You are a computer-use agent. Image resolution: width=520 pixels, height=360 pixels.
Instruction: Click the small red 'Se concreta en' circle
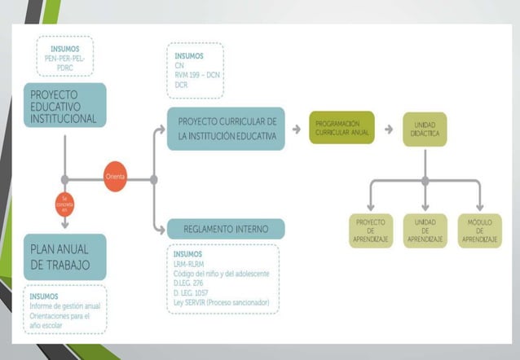coord(64,204)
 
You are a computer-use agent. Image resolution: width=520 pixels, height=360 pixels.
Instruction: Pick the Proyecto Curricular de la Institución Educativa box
coord(227,128)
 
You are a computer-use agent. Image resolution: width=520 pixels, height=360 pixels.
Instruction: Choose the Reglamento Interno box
coord(225,228)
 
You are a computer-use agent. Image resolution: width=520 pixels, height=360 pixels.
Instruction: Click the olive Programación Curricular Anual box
coord(342,128)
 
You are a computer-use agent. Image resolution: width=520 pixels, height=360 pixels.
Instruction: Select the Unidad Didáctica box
coord(425,129)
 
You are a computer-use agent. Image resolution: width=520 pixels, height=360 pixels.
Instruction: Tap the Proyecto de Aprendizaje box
coord(371,230)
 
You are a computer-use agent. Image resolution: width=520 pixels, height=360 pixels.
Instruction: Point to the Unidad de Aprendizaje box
coord(425,230)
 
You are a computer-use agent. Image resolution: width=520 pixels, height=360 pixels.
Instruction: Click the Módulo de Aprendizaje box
coord(479,230)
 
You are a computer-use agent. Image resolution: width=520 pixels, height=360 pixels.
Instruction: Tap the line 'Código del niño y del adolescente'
coord(222,273)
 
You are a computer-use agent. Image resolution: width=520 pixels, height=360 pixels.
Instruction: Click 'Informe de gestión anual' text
coord(65,306)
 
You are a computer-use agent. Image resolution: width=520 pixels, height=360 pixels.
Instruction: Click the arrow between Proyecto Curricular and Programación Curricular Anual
coord(297,129)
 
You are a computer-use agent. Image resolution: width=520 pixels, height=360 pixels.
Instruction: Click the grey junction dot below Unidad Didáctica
coord(425,180)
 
